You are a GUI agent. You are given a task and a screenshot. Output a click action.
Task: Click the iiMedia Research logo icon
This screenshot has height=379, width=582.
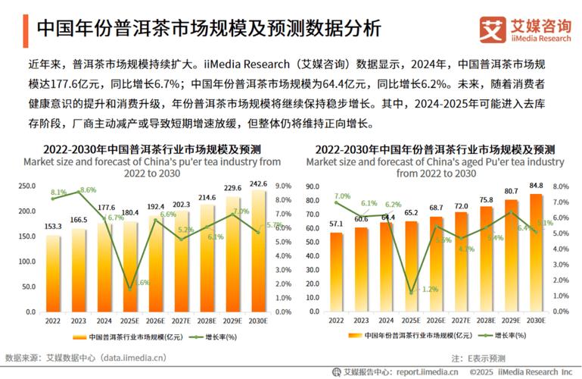tap(492, 29)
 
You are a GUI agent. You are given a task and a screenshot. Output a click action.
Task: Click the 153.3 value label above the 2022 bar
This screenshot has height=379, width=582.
tap(52, 227)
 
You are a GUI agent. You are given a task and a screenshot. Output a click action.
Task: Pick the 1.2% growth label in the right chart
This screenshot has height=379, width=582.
tap(429, 289)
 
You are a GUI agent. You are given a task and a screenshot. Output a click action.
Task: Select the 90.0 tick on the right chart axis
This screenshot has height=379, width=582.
tap(311, 186)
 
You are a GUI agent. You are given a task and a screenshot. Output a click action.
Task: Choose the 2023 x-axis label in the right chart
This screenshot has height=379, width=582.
tap(360, 321)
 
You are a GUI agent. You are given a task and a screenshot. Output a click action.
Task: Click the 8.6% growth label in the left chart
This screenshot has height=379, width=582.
tap(87, 189)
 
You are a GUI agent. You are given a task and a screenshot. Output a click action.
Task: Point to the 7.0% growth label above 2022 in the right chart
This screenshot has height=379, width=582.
tap(343, 196)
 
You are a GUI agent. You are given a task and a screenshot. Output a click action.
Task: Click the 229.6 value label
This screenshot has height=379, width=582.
tap(231, 189)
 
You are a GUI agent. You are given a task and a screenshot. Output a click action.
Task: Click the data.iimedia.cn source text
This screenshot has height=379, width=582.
tap(126, 356)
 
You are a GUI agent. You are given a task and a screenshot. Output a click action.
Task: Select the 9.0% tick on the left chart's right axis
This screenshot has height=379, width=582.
tap(283, 186)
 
